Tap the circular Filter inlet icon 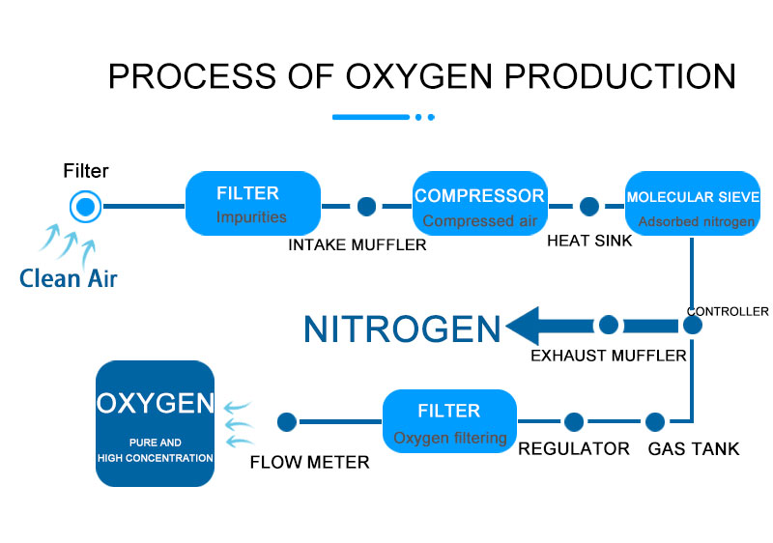pos(86,206)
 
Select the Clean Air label pos(69,278)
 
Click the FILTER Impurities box pos(252,204)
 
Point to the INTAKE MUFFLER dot pos(366,206)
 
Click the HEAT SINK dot pos(589,206)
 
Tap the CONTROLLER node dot pos(693,326)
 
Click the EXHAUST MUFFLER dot pos(609,326)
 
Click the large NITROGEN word pos(402,329)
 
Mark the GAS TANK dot pos(655,421)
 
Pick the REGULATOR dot pos(574,421)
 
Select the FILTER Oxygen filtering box pos(449,421)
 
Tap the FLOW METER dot pos(287,421)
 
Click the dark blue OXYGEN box pos(155,422)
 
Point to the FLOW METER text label pos(309,462)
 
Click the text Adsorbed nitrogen pos(696,222)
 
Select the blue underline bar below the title pos(371,117)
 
